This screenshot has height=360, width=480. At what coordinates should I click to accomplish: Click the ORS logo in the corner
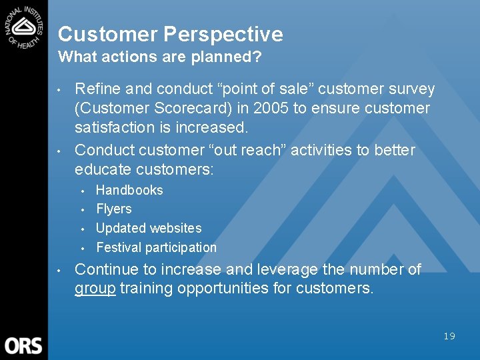pos(23,345)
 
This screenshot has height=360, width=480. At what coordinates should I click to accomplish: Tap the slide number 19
pos(449,336)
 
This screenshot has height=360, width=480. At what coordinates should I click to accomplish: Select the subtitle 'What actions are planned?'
pos(159,57)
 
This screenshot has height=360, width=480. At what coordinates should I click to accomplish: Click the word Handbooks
pos(129,190)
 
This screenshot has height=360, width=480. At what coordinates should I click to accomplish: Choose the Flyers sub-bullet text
pos(114,209)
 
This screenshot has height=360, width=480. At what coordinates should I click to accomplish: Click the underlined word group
pos(95,289)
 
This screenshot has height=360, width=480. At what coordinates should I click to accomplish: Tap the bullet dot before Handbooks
pos(83,191)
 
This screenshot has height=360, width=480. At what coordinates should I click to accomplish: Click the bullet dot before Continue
pos(60,271)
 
